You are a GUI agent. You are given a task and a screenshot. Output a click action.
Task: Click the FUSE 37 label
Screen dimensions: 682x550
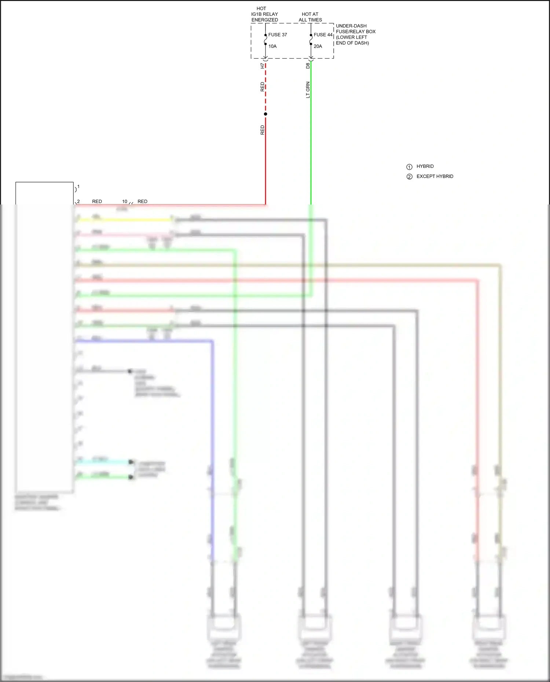pyautogui.click(x=278, y=35)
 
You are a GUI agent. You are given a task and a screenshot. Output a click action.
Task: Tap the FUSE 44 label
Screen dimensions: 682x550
pyautogui.click(x=323, y=35)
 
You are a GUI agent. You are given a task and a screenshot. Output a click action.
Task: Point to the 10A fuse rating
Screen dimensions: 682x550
pyautogui.click(x=272, y=47)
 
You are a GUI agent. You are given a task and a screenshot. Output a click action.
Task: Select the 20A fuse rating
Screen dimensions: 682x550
pyautogui.click(x=318, y=47)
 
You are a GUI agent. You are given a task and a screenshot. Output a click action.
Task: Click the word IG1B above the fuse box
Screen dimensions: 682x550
pyautogui.click(x=256, y=14)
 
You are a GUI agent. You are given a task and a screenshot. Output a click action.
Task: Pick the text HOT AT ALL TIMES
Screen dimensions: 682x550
pyautogui.click(x=310, y=17)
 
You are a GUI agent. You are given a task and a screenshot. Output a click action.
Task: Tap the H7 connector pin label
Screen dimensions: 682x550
pyautogui.click(x=262, y=66)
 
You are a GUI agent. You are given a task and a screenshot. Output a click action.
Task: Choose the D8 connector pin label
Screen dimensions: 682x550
pyautogui.click(x=308, y=66)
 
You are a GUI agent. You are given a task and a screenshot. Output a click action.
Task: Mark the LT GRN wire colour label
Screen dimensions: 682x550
pyautogui.click(x=308, y=90)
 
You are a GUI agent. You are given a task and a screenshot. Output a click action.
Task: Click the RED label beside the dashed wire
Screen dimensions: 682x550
pyautogui.click(x=262, y=87)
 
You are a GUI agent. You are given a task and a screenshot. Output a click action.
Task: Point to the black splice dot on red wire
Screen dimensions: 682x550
pyautogui.click(x=265, y=114)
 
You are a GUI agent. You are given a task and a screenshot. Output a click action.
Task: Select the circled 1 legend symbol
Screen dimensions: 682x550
pyautogui.click(x=410, y=167)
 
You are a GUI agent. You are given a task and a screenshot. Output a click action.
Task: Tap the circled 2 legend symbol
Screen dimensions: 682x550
pyautogui.click(x=410, y=177)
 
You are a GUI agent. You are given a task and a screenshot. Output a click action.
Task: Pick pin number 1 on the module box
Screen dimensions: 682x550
pyautogui.click(x=78, y=187)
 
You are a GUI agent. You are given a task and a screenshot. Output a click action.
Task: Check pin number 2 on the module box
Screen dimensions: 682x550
pyautogui.click(x=78, y=202)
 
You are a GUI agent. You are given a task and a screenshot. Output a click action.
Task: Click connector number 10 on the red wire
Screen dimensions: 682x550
pyautogui.click(x=125, y=202)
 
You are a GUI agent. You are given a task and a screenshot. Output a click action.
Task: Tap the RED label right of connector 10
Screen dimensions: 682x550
pyautogui.click(x=142, y=202)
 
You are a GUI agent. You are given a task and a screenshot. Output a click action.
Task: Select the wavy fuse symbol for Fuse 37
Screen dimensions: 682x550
pyautogui.click(x=265, y=40)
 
